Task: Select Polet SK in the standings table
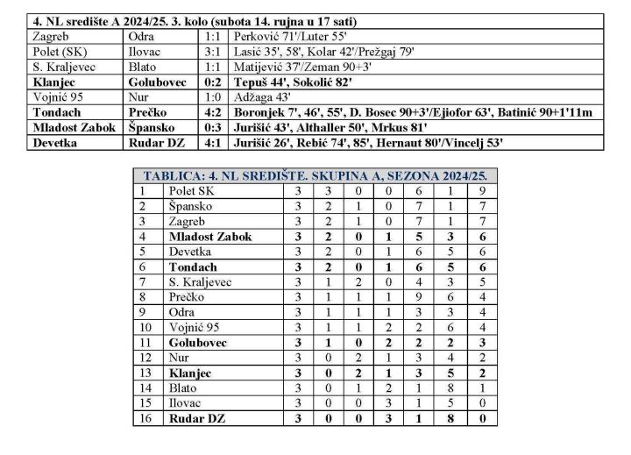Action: point(193,190)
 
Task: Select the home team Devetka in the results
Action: point(55,142)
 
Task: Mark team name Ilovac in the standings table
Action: point(187,403)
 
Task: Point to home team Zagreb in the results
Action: point(52,37)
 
